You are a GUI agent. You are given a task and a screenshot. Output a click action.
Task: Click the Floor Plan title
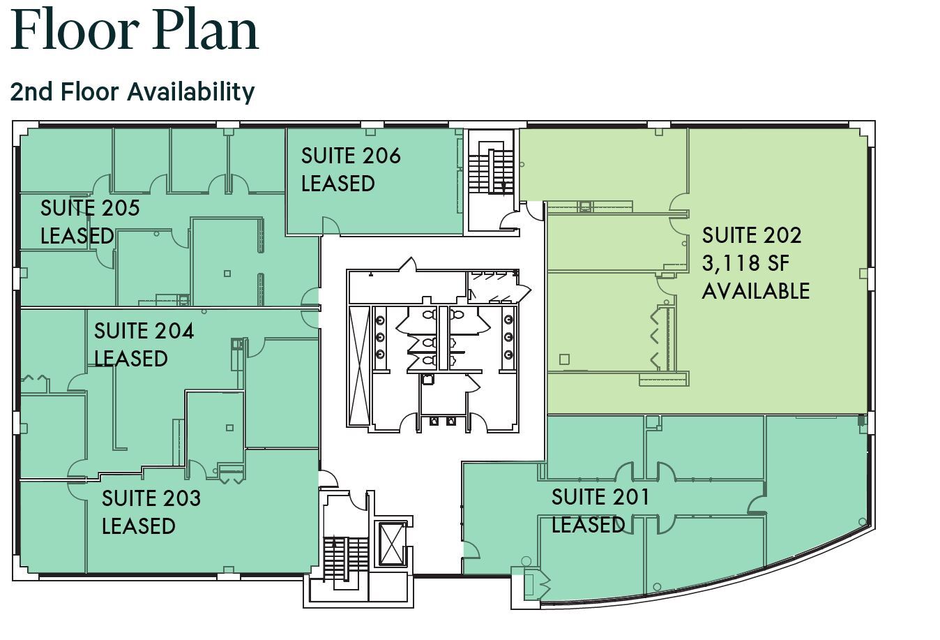click(x=135, y=31)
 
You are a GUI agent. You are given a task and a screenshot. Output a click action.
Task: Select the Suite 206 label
click(x=351, y=155)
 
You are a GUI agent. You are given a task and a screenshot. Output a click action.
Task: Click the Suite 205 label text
click(x=90, y=208)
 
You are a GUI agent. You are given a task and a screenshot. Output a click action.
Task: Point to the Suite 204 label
click(x=144, y=331)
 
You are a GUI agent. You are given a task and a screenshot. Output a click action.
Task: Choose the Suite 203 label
click(x=151, y=498)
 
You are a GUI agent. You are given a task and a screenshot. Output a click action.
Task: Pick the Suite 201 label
click(x=600, y=497)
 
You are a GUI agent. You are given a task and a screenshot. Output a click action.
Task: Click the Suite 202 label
click(x=751, y=235)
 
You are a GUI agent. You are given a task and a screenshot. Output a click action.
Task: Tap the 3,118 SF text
click(x=745, y=263)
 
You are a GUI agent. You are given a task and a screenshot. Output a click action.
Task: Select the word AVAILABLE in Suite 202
click(x=755, y=291)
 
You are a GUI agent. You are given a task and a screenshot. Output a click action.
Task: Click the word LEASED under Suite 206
click(x=338, y=184)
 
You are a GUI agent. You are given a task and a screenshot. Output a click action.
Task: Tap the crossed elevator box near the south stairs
click(x=391, y=544)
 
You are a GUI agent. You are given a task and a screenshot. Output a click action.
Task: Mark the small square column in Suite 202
click(x=564, y=359)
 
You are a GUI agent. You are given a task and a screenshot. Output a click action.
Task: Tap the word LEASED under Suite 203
click(x=138, y=526)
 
